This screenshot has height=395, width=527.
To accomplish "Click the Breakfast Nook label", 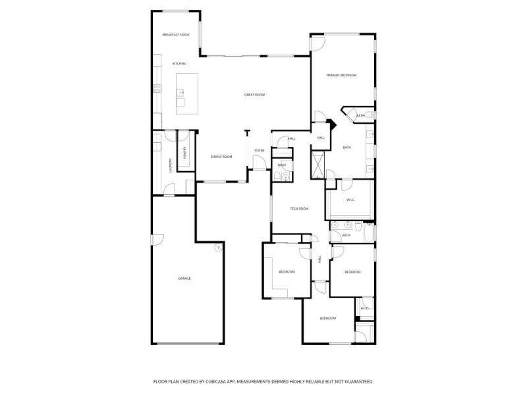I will click(x=176, y=34).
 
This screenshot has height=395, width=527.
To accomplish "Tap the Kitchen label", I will click(x=179, y=64).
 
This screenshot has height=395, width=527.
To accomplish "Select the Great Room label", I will click(x=254, y=95).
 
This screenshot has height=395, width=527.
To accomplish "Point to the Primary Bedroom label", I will click(x=341, y=76).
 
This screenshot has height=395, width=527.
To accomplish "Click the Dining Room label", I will click(x=221, y=157).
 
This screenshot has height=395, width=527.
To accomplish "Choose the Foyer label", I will click(x=260, y=151).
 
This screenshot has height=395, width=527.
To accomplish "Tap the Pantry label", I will click(x=186, y=153).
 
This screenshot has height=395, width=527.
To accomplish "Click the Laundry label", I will click(x=170, y=165).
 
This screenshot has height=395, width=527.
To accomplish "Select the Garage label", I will click(x=184, y=278).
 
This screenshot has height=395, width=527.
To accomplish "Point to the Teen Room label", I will click(x=299, y=209).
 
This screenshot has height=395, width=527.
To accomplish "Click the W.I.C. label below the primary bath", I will click(x=350, y=200).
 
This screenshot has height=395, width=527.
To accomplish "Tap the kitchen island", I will click(x=188, y=93).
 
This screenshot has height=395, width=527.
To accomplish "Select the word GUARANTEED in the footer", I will click(x=357, y=381).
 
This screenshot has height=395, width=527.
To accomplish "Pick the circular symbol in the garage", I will click(x=217, y=248).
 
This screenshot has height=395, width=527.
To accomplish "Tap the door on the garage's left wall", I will click(x=155, y=240).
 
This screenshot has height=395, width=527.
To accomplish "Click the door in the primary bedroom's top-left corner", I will click(x=318, y=43).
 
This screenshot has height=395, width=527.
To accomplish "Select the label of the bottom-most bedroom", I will click(x=328, y=319).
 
